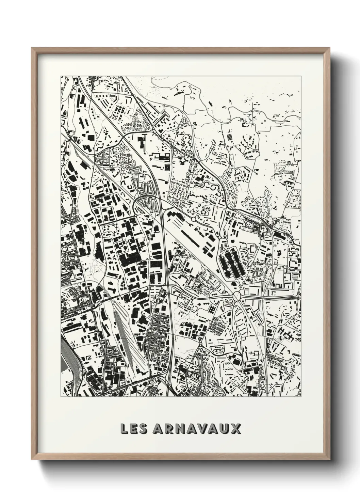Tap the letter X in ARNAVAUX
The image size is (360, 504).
click(x=236, y=429)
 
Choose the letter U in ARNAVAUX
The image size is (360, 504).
click(x=225, y=429)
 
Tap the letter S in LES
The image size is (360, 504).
click(x=143, y=429)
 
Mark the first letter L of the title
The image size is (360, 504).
click(x=124, y=429)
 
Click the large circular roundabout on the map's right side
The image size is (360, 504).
click(x=238, y=297)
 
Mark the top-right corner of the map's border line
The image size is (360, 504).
click(x=301, y=76)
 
